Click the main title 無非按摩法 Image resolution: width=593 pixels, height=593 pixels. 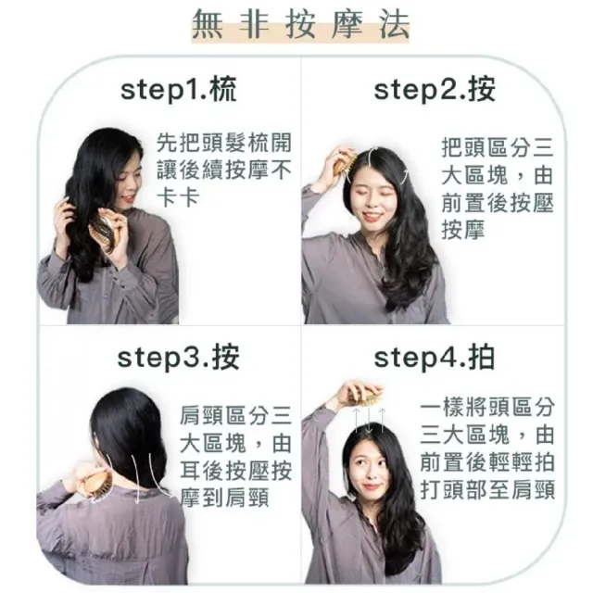pos(300,25)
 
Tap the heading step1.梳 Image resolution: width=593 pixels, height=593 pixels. pos(179,89)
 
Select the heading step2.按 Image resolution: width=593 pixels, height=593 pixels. pos(435,89)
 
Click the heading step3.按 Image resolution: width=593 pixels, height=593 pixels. pos(179,357)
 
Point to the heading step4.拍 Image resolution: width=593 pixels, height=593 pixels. pos(435,357)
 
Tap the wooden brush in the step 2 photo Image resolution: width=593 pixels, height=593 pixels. pos(344,163)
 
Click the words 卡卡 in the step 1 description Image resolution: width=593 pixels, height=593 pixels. pos(178,197)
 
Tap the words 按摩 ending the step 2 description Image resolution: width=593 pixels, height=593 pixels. pos(463,230)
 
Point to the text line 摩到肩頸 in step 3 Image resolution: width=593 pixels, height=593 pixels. pos(224,498)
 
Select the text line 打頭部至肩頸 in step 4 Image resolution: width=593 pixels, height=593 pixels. pos(487,489)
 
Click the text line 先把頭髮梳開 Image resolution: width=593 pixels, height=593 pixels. pos(224,143)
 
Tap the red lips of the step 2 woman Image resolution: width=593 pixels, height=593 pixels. pos(371,216)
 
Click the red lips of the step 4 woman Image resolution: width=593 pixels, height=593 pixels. pos(371,486)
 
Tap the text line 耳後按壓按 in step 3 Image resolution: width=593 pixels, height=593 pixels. pos(235,470)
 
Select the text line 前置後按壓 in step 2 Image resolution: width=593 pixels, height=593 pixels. pos(498,202)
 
